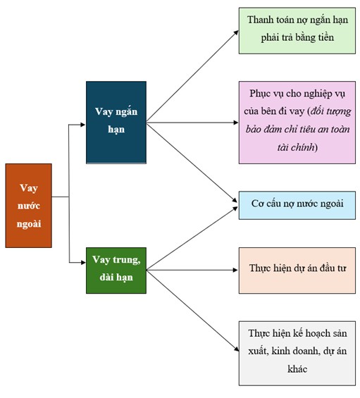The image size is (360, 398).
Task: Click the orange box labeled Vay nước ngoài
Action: coord(28,206)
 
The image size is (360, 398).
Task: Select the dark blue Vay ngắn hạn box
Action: coord(116,123)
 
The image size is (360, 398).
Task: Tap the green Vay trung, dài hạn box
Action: coord(116,270)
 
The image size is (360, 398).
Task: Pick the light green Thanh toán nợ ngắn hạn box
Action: coord(297,31)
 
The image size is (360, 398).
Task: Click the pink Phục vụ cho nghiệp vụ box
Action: coord(297,123)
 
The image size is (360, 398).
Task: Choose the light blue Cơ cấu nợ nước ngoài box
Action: coord(297,206)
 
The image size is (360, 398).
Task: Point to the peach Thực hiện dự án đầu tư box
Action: coord(297,270)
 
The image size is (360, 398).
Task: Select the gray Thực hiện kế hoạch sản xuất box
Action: coord(297,354)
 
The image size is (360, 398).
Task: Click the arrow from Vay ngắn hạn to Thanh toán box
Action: coord(192,76)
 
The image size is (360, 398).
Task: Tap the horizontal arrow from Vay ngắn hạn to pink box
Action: coord(192,123)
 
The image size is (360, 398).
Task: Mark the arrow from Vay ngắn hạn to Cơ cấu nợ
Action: coord(192,163)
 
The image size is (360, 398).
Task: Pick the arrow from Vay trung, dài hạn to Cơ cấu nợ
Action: coord(192,238)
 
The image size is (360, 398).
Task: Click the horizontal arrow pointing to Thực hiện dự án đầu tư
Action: coord(192,270)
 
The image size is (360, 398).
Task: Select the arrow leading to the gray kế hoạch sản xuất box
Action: coord(193,311)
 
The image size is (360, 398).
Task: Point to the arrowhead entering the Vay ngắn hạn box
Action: coord(82,125)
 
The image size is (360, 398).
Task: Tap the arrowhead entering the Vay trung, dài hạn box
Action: coord(82,263)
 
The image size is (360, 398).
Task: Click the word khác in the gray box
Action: coord(297,369)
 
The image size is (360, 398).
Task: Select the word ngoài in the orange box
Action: coord(29,224)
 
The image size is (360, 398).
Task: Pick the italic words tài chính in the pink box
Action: coord(296,147)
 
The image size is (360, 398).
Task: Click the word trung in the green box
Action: coord(125,260)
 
